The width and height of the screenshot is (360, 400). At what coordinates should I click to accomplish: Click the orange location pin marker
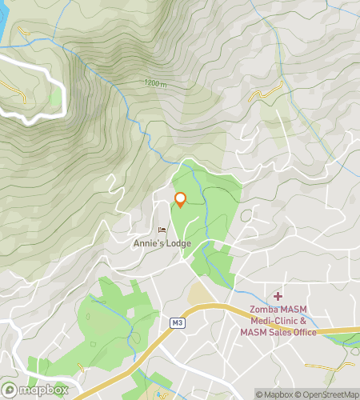point(180,200)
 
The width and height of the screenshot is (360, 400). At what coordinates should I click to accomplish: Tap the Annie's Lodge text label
point(162,242)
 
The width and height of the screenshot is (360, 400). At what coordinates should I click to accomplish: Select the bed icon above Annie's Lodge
point(162,230)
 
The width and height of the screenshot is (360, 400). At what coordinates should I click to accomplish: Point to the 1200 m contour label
point(157,82)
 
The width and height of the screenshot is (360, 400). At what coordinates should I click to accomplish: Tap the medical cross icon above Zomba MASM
point(278,297)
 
